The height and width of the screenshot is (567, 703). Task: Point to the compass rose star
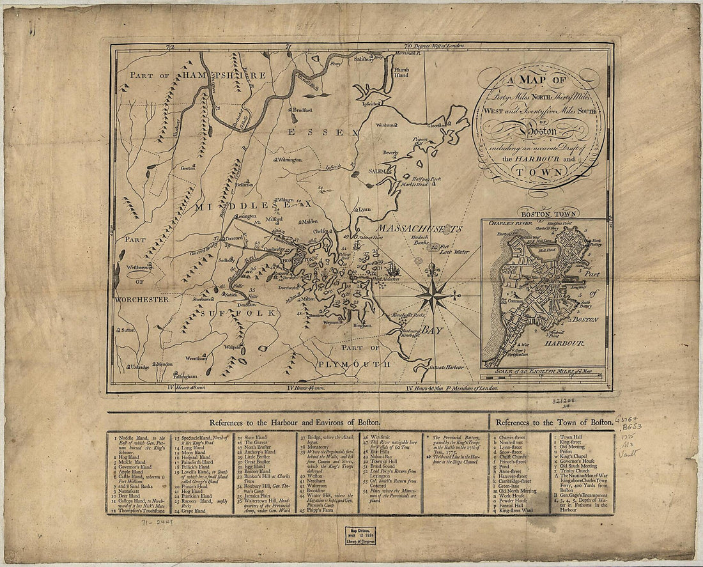point(433,296)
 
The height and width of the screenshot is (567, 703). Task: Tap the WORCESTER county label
point(141,299)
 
